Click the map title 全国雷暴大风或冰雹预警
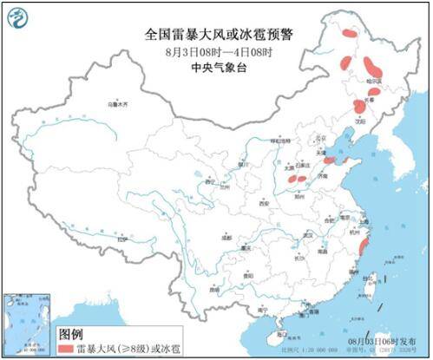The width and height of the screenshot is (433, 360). (x=217, y=36)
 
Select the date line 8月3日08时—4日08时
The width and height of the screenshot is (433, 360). (x=217, y=52)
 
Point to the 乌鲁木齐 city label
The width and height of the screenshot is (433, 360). (x=116, y=104)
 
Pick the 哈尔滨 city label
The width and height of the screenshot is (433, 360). (x=375, y=80)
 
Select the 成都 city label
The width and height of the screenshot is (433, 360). (x=226, y=236)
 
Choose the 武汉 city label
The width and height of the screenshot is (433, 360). (x=306, y=234)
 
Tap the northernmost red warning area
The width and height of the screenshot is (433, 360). (x=349, y=33)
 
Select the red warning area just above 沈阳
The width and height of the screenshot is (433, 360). (x=358, y=106)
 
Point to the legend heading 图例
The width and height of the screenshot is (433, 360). (x=70, y=333)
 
